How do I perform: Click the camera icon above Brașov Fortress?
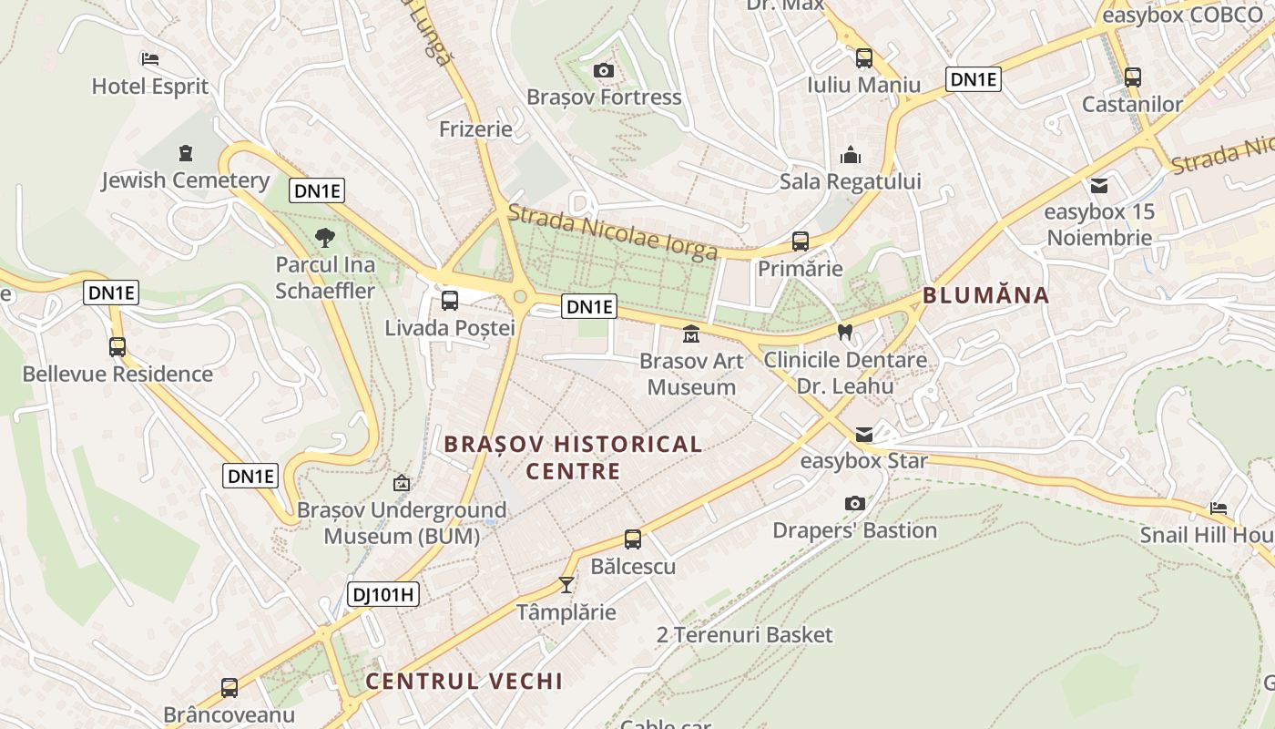point(603,70)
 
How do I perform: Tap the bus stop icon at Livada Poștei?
point(449,301)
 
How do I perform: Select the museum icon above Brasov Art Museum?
point(691,334)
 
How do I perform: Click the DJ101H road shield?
point(383,595)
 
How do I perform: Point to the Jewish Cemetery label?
point(185,180)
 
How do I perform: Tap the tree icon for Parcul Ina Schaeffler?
point(324,238)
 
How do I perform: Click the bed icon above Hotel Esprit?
point(150,59)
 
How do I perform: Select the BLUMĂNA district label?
point(985,295)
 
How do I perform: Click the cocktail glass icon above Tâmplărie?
point(566,584)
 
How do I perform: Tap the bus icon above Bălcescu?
point(633,539)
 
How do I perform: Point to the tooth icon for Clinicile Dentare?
point(844,333)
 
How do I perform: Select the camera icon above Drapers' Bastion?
point(854,503)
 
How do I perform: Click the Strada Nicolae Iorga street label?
point(612,233)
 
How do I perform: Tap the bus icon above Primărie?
point(800,241)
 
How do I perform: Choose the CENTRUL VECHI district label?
point(464,681)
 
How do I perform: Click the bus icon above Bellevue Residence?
point(117,347)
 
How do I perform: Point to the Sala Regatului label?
point(850,181)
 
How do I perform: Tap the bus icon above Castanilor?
point(1132,77)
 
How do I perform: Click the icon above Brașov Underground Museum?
point(401,483)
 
